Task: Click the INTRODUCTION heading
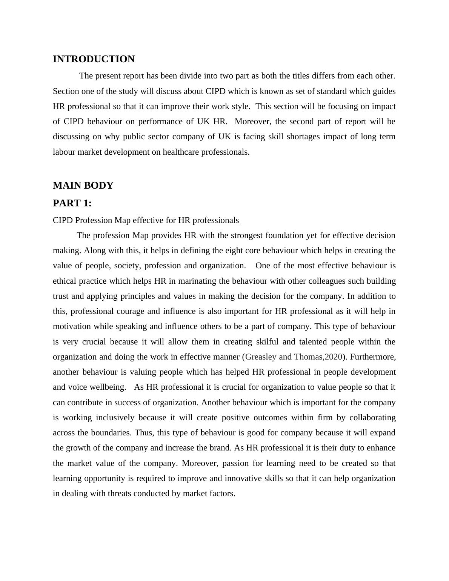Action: coord(94,59)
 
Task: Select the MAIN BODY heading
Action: coord(83,186)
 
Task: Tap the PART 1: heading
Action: coord(72,203)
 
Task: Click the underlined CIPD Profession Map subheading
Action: coord(146,220)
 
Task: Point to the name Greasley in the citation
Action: coord(261,357)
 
